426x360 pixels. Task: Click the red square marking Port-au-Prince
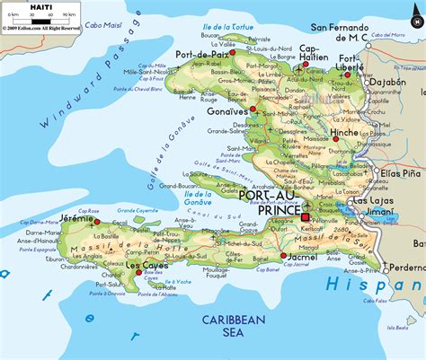[305, 216]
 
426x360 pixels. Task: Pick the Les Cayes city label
[146, 266]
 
